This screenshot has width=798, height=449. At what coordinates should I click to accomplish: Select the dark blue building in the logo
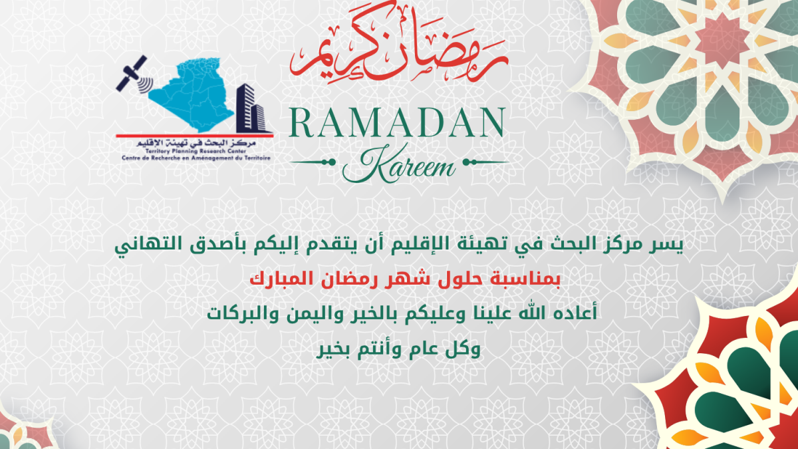pyautogui.click(x=251, y=108)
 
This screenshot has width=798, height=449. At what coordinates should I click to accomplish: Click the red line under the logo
pyautogui.click(x=194, y=136)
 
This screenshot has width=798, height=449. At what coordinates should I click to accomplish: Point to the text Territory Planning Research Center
pyautogui.click(x=196, y=152)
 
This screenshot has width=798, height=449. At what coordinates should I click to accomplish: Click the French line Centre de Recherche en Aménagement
pyautogui.click(x=196, y=158)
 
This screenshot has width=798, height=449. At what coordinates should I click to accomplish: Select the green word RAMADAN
pyautogui.click(x=397, y=122)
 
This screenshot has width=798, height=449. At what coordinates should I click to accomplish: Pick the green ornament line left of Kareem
pyautogui.click(x=313, y=162)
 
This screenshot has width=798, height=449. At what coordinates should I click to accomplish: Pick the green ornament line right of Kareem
pyautogui.click(x=486, y=162)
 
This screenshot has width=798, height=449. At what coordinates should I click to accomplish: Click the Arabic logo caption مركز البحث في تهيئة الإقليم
pyautogui.click(x=196, y=144)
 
